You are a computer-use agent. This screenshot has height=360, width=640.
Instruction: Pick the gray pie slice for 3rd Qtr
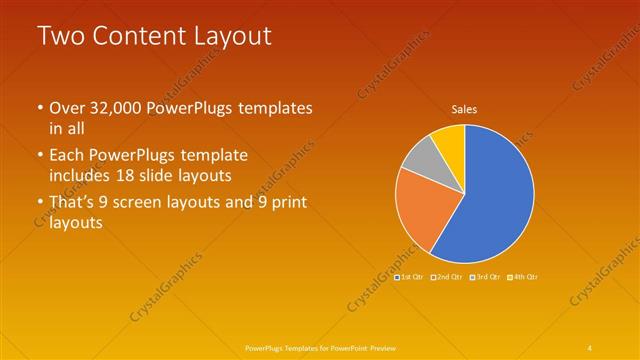pos(421,160)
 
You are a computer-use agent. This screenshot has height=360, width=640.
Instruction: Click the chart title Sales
pos(464,109)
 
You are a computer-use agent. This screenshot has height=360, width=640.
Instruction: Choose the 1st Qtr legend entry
pos(409,276)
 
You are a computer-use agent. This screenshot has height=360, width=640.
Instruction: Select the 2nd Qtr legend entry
pos(446,276)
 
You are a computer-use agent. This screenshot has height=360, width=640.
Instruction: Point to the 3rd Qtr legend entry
pos(484,276)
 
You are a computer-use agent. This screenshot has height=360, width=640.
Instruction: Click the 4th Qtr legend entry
pos(522,276)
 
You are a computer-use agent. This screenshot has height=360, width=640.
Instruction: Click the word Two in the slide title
pos(58,36)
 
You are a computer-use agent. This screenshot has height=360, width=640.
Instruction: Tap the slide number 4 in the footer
pos(590,347)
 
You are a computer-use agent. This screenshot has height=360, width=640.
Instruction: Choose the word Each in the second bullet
pos(67,156)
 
